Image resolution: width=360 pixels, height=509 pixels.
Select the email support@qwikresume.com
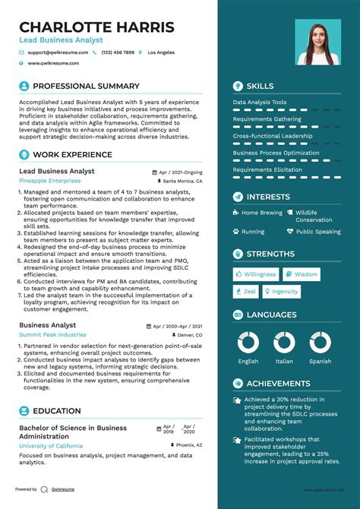click(x=58, y=52)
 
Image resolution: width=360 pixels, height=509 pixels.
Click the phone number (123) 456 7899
click(x=118, y=52)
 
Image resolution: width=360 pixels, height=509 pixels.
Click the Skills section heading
click(x=260, y=86)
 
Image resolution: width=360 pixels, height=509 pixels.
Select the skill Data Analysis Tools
click(x=260, y=102)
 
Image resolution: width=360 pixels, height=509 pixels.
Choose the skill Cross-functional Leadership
click(x=272, y=136)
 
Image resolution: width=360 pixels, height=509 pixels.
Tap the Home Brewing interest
click(x=261, y=213)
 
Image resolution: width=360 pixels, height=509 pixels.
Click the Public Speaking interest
click(x=317, y=231)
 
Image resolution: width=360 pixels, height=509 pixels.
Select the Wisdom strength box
click(x=302, y=274)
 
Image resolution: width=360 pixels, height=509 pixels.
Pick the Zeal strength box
click(x=246, y=291)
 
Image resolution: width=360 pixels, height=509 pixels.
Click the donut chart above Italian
click(x=284, y=343)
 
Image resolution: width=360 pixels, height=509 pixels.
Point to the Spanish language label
click(x=320, y=362)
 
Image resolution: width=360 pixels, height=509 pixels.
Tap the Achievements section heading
click(x=278, y=384)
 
